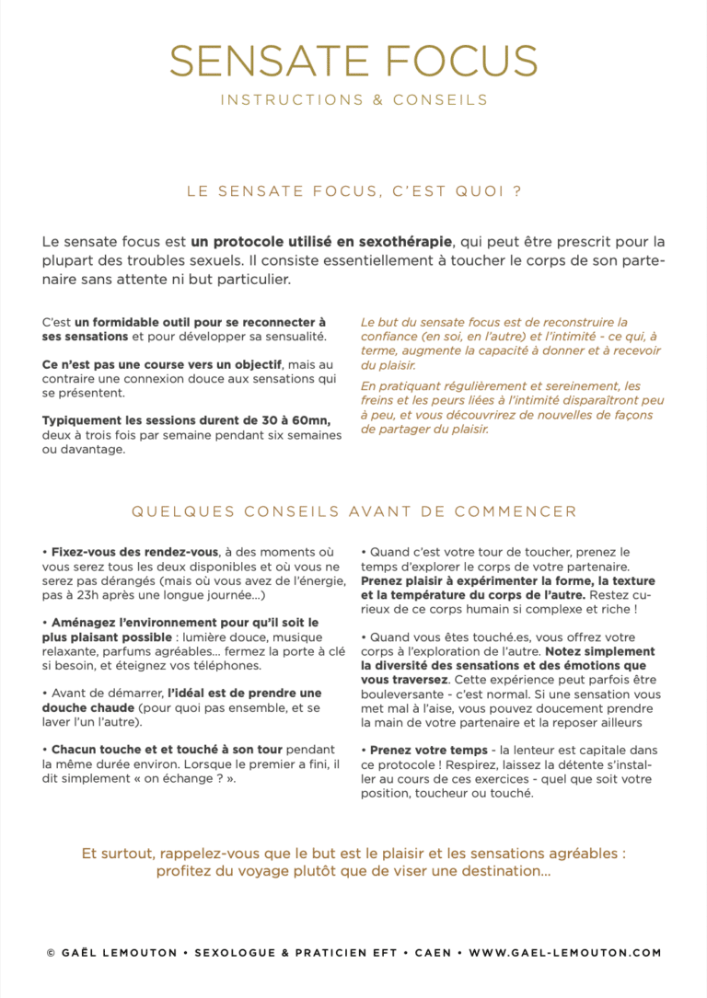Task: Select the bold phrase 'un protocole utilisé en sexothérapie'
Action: click(x=321, y=242)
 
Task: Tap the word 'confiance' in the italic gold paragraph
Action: click(x=389, y=337)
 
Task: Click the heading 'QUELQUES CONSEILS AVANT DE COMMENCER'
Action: click(x=353, y=511)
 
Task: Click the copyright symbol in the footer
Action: click(x=51, y=953)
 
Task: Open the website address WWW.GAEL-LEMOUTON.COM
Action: click(x=564, y=953)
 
